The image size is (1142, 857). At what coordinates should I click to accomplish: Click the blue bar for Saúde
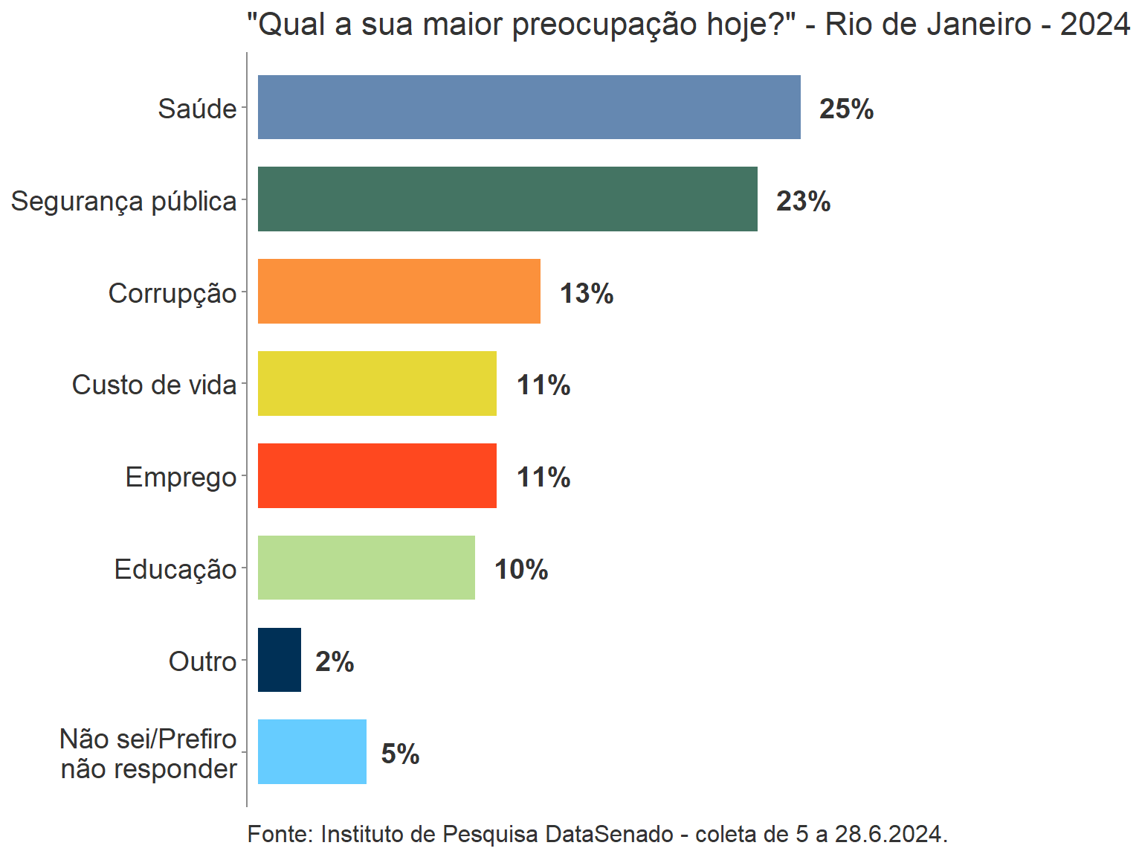[529, 107]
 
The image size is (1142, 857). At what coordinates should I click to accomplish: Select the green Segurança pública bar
[507, 199]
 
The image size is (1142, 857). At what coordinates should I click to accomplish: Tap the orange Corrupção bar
[399, 292]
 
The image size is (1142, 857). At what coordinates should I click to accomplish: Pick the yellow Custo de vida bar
[377, 384]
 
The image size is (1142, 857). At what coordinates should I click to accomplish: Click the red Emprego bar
[377, 476]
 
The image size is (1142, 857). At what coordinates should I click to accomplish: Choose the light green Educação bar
[366, 568]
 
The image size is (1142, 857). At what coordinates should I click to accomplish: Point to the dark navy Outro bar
[280, 660]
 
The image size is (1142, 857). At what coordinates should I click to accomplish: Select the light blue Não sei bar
[312, 752]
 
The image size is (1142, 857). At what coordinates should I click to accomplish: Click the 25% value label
[846, 109]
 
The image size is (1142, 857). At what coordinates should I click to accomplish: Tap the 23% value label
[803, 202]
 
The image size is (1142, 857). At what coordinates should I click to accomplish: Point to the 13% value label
[587, 294]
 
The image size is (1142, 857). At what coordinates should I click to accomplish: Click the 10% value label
[521, 570]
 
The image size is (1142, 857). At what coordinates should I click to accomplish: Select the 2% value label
[335, 662]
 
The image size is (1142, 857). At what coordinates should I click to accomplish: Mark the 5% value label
[400, 754]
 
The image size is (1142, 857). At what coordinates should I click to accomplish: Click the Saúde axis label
[197, 109]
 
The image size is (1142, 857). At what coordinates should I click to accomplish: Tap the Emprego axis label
[181, 478]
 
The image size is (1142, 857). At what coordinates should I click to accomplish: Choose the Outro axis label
[202, 661]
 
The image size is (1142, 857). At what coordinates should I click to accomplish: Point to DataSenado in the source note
[609, 835]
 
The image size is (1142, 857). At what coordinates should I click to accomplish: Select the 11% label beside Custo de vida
[543, 385]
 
